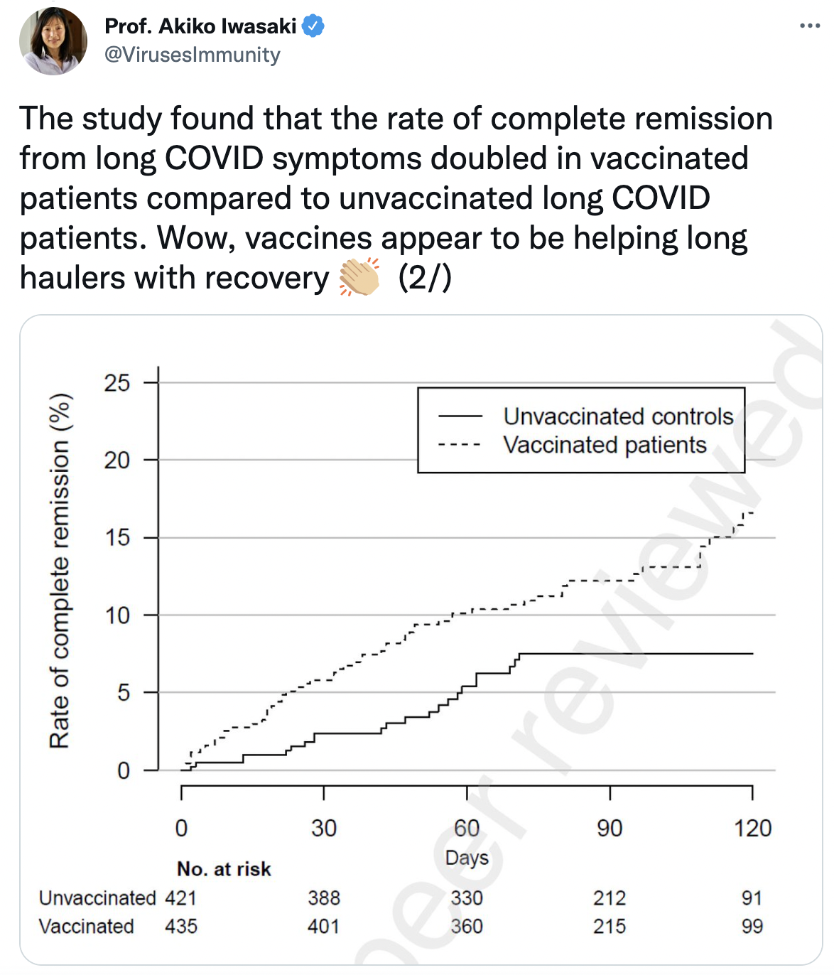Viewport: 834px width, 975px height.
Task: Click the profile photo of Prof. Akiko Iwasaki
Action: [53, 41]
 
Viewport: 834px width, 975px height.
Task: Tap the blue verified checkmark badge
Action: [313, 26]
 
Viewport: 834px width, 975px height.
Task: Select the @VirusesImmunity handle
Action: [192, 55]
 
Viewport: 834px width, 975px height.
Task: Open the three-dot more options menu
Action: [809, 26]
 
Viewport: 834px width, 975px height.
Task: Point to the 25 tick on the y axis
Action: [117, 383]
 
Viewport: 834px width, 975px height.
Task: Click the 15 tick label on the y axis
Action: [117, 538]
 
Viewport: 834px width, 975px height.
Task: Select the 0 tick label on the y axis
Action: [124, 770]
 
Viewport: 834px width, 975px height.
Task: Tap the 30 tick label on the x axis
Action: [324, 828]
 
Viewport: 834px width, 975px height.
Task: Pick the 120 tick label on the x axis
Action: [752, 828]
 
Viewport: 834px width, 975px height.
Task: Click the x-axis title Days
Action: [467, 858]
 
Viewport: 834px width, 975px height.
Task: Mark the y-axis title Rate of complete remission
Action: [60, 571]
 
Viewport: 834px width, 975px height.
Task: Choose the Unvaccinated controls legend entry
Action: [618, 416]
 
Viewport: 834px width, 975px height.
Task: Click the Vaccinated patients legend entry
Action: [605, 445]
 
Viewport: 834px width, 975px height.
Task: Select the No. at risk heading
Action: [224, 869]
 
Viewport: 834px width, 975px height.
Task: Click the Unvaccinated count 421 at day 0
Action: [180, 898]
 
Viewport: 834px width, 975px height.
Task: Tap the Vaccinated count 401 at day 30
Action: [324, 927]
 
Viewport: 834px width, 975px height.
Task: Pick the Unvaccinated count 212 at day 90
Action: [610, 898]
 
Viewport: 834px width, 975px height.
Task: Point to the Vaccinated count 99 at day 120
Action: [752, 927]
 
